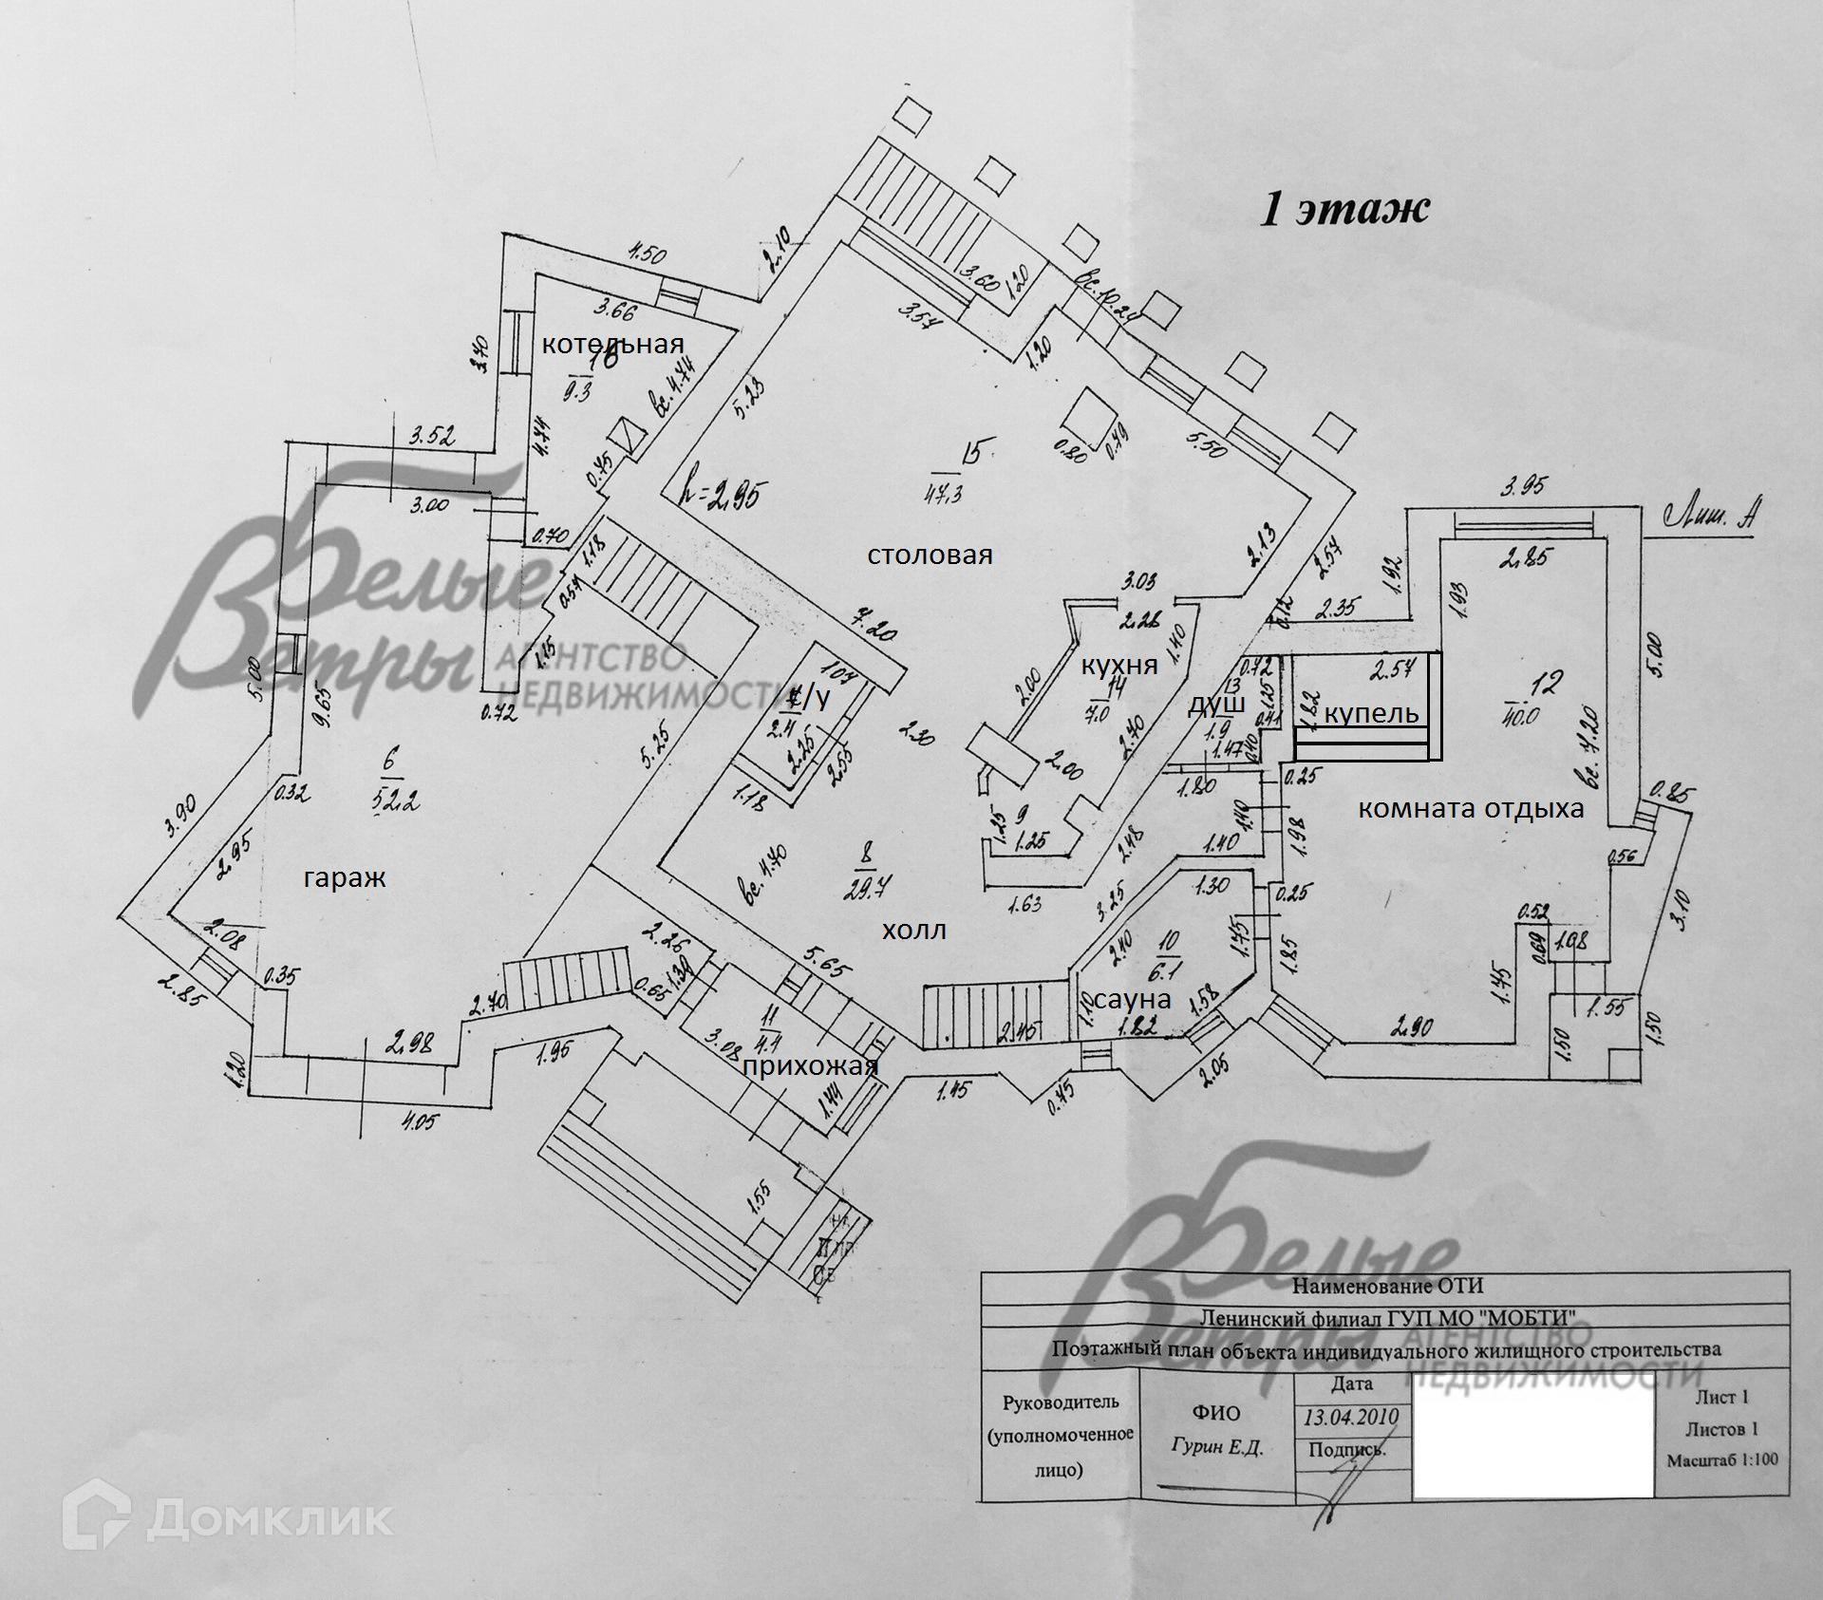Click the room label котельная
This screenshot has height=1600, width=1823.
[x=611, y=344]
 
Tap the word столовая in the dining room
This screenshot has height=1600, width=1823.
[x=930, y=555]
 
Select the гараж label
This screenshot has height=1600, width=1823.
[x=345, y=878]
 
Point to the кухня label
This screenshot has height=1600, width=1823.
[x=1119, y=665]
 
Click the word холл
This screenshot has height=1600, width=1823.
[x=913, y=931]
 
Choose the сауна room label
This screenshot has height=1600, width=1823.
[x=1132, y=999]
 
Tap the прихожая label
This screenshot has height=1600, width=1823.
[x=810, y=1066]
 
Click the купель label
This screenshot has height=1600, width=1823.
[x=1371, y=713]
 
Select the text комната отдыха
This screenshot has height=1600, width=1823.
[x=1471, y=809]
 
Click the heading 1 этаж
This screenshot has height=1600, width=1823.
[x=1343, y=209]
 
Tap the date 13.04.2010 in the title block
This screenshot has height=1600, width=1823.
[x=1350, y=1418]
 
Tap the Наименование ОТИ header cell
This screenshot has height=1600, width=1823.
[x=1387, y=1287]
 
